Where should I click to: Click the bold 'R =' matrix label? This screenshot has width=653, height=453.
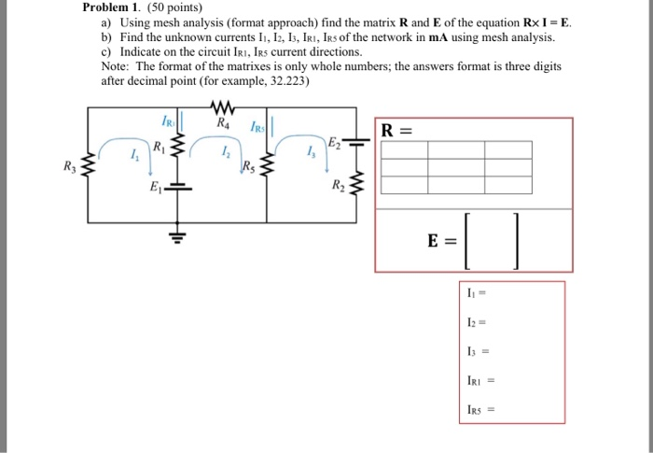click(396, 130)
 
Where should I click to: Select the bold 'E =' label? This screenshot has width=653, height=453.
click(441, 240)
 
